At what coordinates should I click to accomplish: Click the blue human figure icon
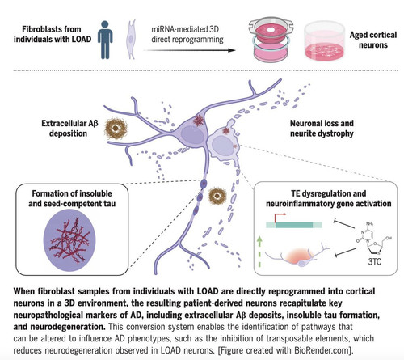(105, 40)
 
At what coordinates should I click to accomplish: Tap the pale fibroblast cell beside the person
(131, 40)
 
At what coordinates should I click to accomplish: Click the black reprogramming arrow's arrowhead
(231, 50)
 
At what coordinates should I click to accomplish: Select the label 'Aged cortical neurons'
(373, 40)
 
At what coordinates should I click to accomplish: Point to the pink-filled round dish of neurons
(325, 41)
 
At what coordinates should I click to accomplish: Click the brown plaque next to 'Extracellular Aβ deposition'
(116, 129)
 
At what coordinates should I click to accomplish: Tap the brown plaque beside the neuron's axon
(217, 196)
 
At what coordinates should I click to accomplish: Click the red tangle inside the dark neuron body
(199, 121)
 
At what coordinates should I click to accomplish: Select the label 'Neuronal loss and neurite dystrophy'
(322, 129)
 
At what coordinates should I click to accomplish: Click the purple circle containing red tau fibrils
(69, 240)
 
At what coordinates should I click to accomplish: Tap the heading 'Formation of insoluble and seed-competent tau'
(72, 198)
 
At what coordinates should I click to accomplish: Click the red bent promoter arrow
(280, 217)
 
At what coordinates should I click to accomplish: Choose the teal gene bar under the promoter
(294, 225)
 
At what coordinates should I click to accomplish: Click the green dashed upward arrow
(259, 252)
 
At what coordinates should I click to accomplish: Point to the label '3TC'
(375, 261)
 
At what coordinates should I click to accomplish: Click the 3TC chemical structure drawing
(373, 239)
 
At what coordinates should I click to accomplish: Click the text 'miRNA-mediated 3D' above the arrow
(185, 29)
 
